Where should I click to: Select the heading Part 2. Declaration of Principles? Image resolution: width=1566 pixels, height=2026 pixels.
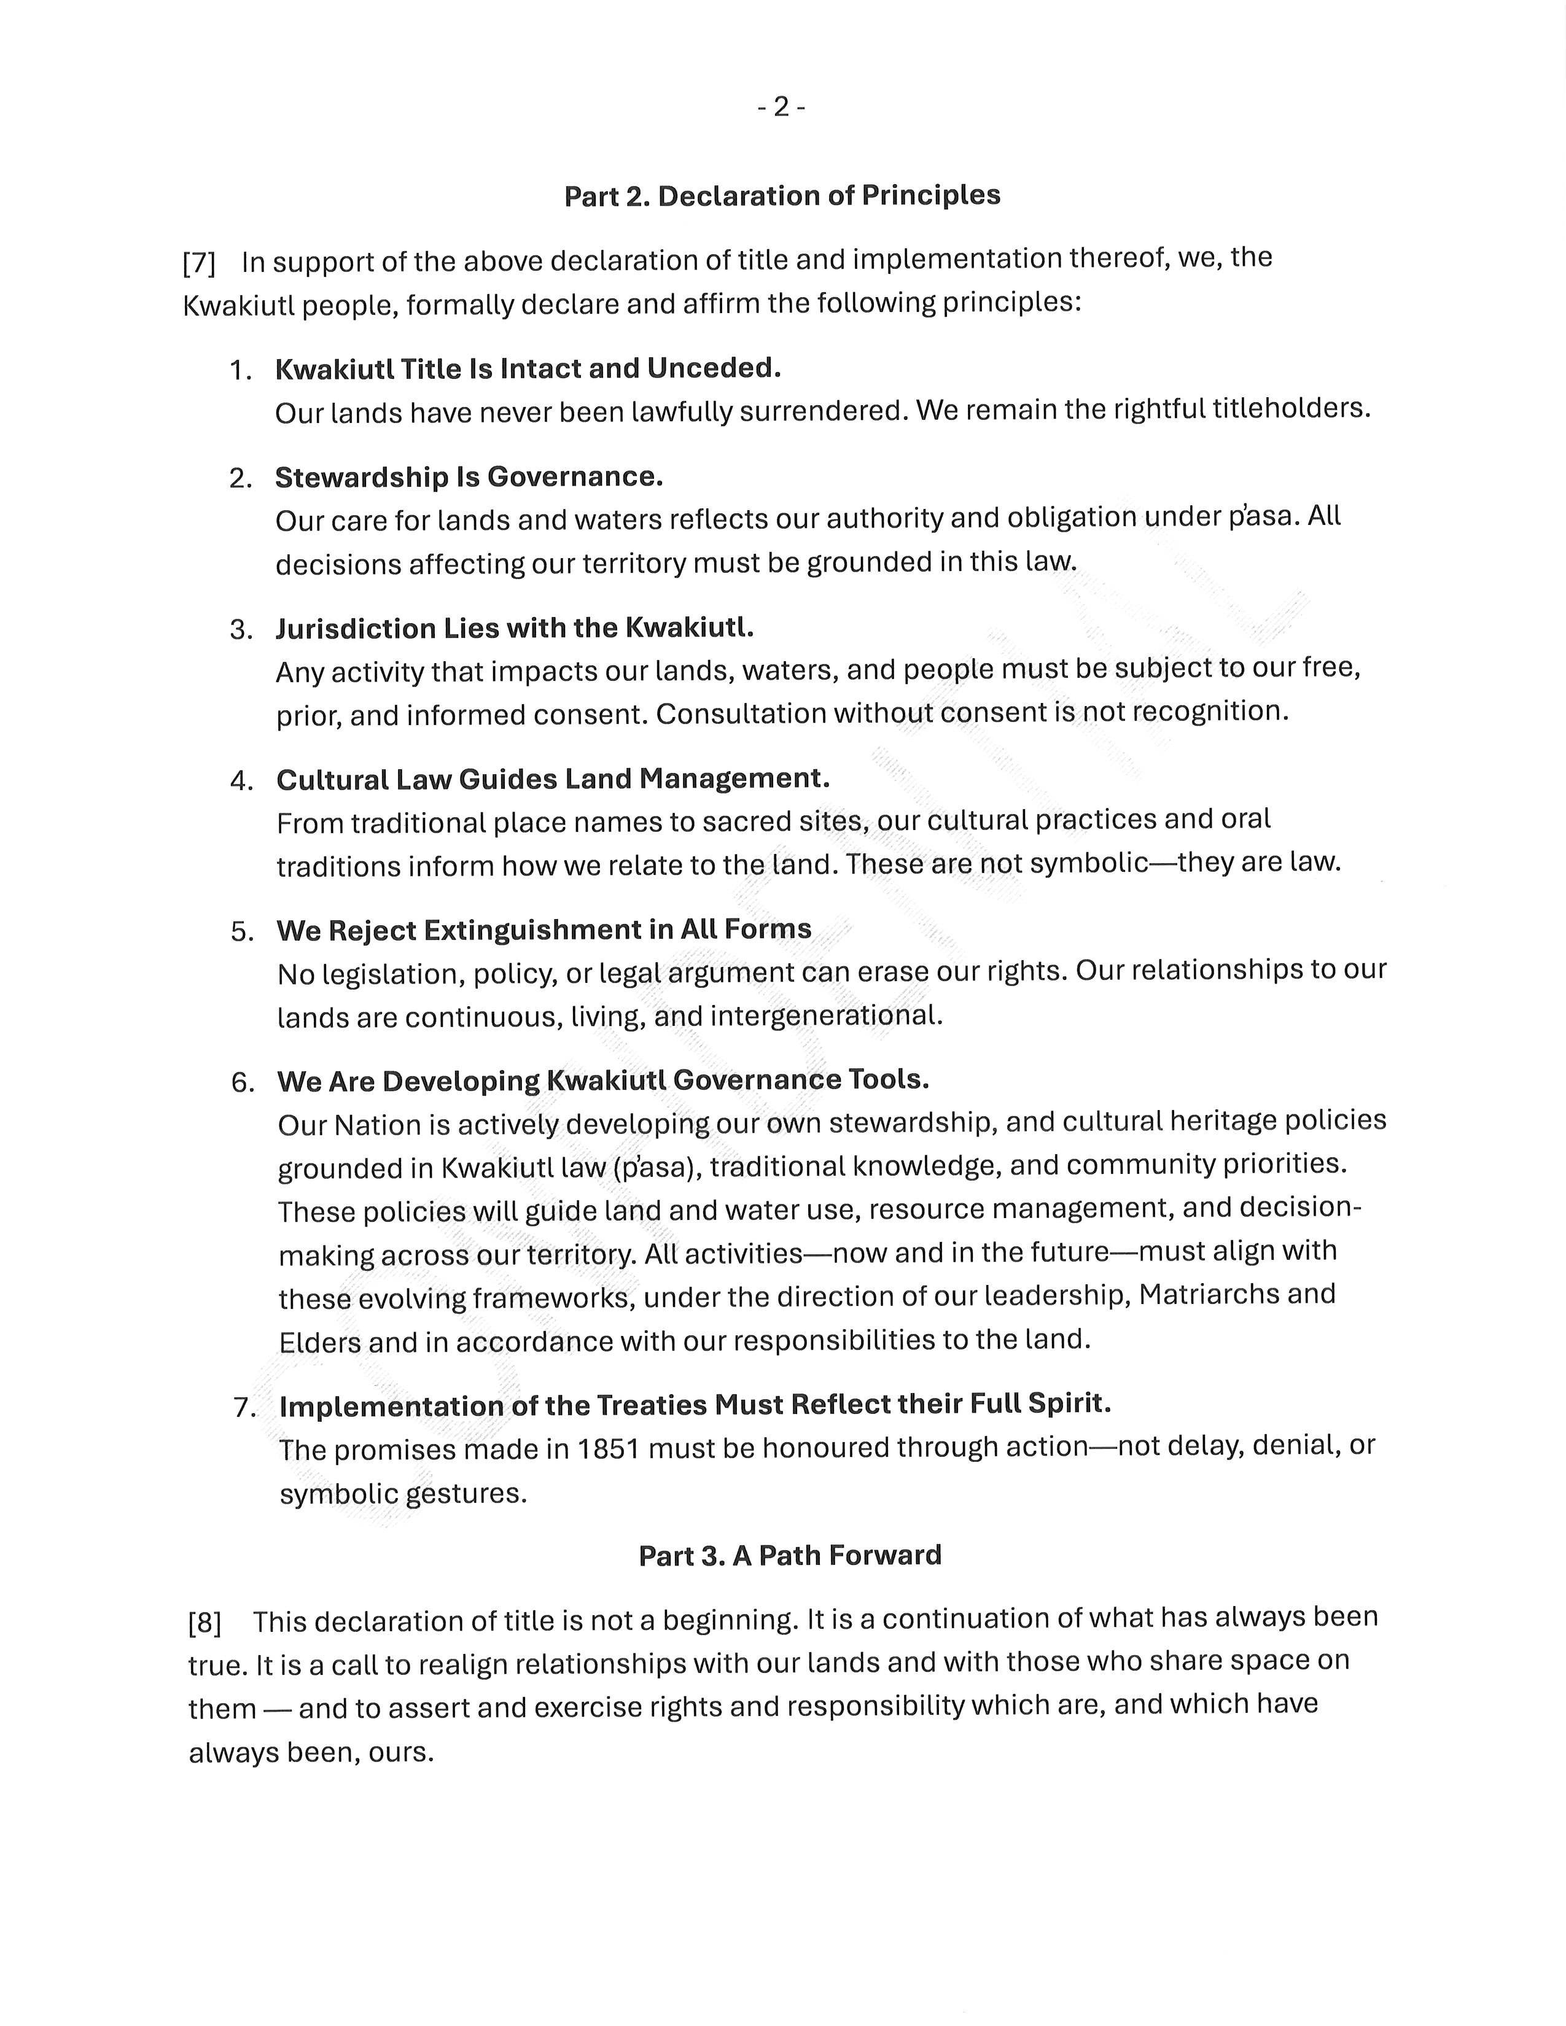coord(782,196)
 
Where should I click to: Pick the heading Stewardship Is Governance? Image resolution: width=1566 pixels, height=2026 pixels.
coord(469,477)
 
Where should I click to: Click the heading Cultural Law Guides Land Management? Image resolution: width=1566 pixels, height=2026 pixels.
coord(553,779)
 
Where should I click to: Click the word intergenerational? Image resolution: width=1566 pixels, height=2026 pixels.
coord(825,1016)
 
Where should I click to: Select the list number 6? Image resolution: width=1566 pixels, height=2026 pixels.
coord(241,1082)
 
